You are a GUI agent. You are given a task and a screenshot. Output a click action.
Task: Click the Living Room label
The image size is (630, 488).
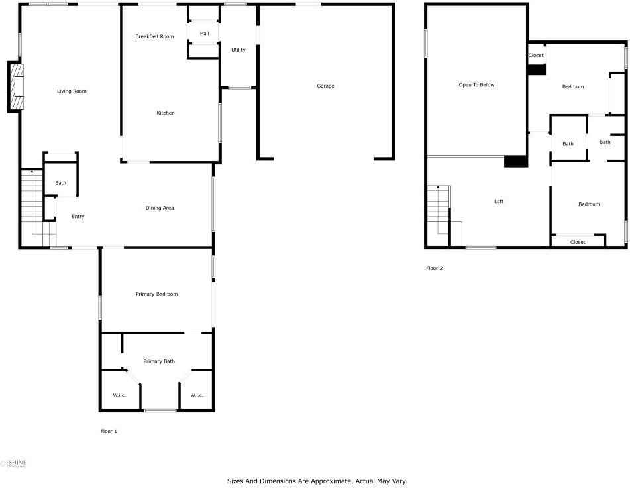(72, 91)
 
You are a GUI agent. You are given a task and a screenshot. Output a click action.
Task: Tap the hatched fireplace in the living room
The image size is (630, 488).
(17, 87)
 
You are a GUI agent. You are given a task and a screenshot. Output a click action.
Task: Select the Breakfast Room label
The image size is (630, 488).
(154, 36)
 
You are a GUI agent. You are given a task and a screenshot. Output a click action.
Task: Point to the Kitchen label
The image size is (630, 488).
(166, 113)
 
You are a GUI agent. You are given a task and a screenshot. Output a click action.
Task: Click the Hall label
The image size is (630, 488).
(205, 34)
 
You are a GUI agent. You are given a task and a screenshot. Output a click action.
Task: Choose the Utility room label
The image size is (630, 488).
(238, 50)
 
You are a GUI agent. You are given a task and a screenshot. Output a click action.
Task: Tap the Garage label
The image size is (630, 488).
(325, 86)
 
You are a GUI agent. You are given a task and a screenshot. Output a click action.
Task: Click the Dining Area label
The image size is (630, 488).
(160, 208)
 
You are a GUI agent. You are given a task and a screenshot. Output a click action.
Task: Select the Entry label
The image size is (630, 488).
(78, 217)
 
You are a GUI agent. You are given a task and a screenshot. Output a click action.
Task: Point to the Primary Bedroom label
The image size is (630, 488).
(157, 294)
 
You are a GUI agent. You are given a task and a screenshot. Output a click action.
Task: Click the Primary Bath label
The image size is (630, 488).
(159, 361)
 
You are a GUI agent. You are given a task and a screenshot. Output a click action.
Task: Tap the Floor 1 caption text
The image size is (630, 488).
(109, 432)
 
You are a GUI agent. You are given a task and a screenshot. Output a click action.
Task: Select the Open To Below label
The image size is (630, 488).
(476, 85)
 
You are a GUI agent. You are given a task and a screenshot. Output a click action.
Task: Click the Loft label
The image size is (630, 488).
(499, 202)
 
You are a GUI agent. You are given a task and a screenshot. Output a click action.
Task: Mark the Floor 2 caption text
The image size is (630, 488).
(435, 268)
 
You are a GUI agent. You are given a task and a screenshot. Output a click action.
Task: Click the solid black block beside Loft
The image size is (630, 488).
(516, 161)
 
